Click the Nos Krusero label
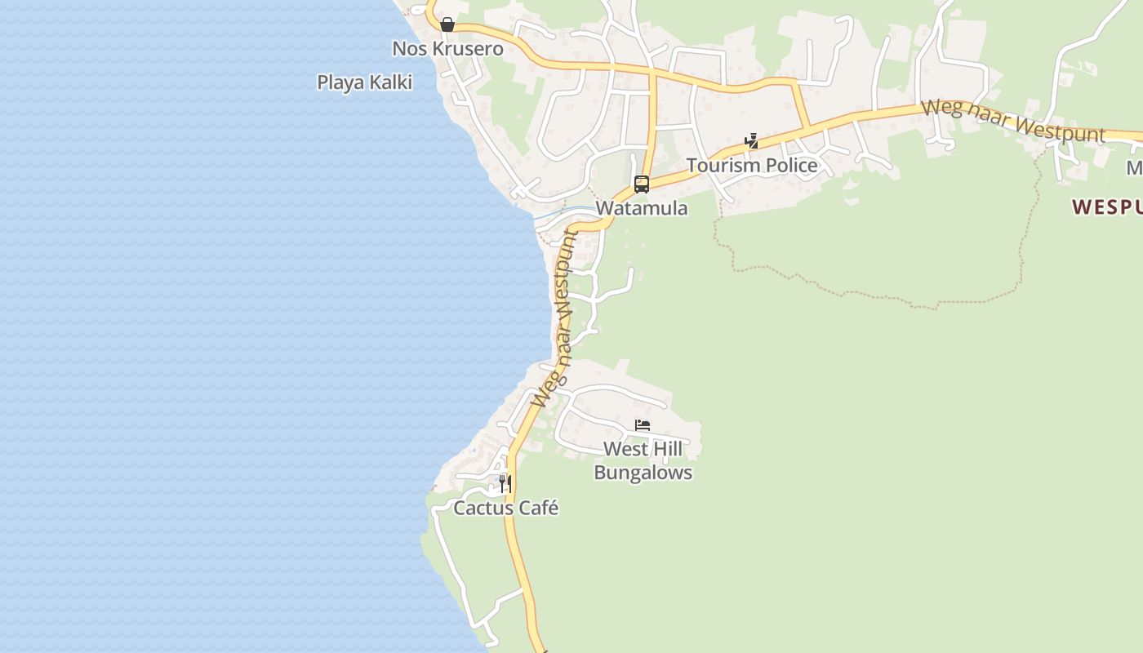pos(447,48)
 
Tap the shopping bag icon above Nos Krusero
pos(447,24)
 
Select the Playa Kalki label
pos(364,82)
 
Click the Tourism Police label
pos(751,166)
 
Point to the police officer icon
pos(751,141)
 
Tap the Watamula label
pos(641,208)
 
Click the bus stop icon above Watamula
pos(642,184)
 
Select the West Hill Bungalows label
pos(643,460)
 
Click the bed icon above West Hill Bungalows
pos(643,425)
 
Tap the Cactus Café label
pos(505,509)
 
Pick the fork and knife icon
pos(505,483)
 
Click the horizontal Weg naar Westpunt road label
pos(1012,121)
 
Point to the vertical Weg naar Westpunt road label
pos(554,318)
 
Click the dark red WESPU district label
pos(1107,207)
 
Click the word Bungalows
pos(643,473)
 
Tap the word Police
pos(787,166)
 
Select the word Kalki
pos(390,82)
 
